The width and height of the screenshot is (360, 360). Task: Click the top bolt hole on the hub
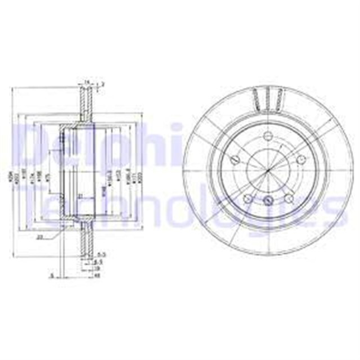click(x=268, y=136)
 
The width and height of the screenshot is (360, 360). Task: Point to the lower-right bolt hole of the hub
click(x=288, y=197)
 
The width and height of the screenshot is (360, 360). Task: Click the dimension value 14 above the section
click(x=86, y=83)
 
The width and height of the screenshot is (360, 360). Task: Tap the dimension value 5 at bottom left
click(x=52, y=276)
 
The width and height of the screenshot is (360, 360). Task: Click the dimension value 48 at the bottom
click(x=97, y=276)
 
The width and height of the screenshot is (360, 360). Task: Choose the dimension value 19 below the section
click(x=97, y=268)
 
